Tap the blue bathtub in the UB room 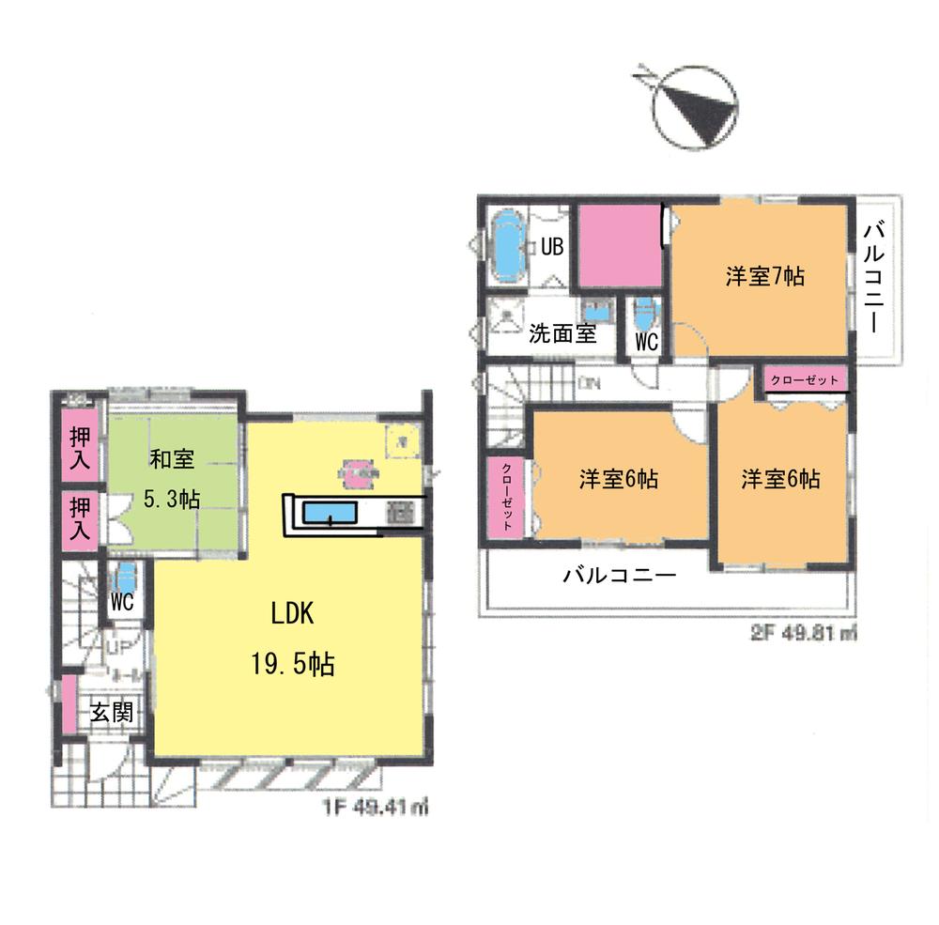pyautogui.click(x=508, y=246)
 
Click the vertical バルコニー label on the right pyautogui.click(x=875, y=278)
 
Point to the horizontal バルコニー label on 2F pyautogui.click(x=619, y=576)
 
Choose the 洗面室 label pyautogui.click(x=562, y=333)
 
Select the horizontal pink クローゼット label pyautogui.click(x=807, y=380)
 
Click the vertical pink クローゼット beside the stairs pyautogui.click(x=507, y=498)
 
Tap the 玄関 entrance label pyautogui.click(x=111, y=712)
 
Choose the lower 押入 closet pyautogui.click(x=81, y=519)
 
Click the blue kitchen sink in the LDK pyautogui.click(x=328, y=513)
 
